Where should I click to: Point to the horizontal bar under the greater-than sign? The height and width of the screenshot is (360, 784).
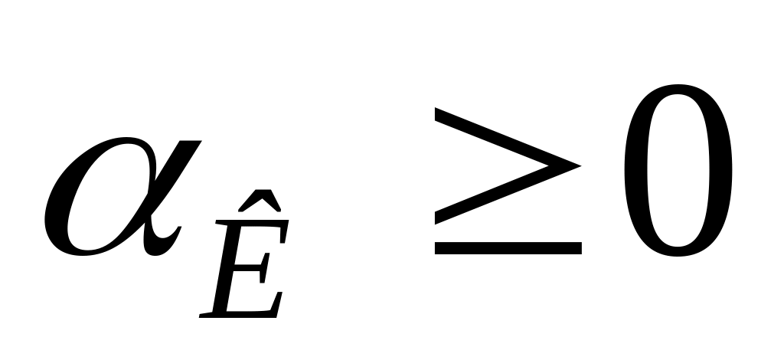(508, 247)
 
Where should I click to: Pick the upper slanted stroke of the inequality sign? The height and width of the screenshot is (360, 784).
(505, 136)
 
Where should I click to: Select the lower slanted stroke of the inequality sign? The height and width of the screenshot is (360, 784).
(505, 195)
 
